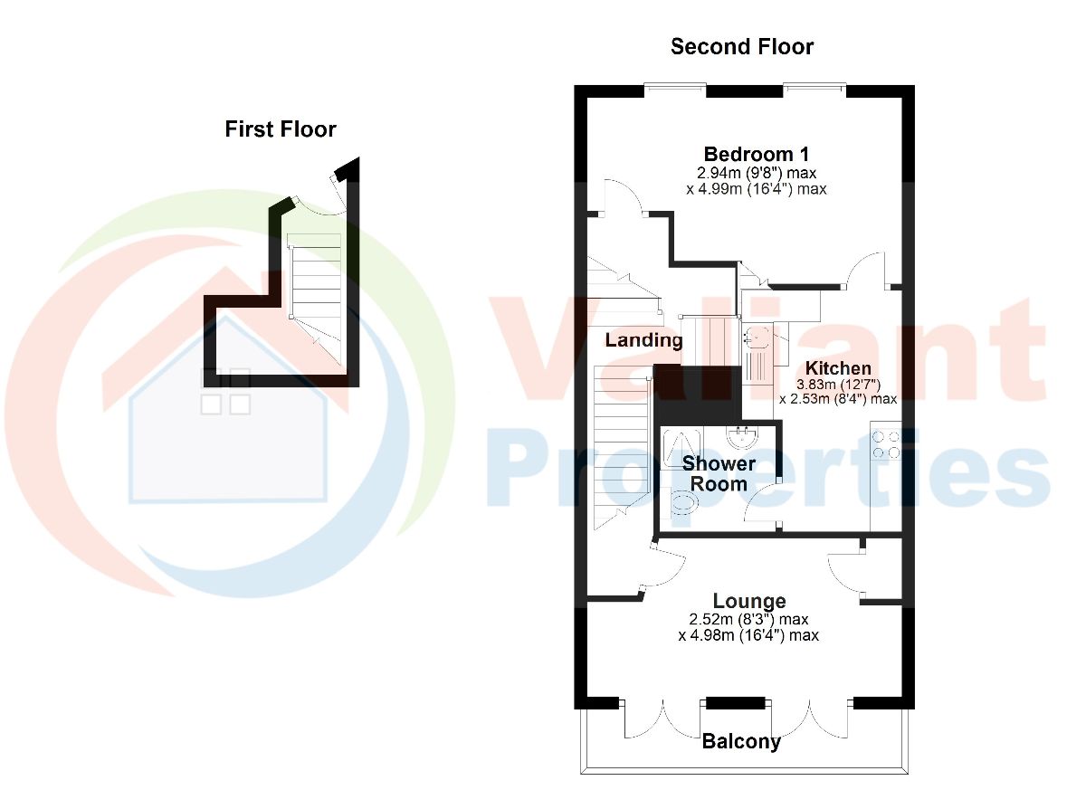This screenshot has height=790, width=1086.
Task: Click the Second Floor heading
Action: pyautogui.click(x=742, y=47)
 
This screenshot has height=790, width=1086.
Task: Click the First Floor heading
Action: pyautogui.click(x=281, y=129)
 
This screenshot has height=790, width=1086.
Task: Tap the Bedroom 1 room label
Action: pyautogui.click(x=757, y=155)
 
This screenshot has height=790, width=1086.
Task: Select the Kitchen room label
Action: pyautogui.click(x=838, y=368)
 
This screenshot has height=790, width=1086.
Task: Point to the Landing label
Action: pyautogui.click(x=643, y=340)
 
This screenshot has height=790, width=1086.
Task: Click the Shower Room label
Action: pyautogui.click(x=719, y=473)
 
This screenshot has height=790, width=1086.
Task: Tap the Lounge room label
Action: pyautogui.click(x=749, y=602)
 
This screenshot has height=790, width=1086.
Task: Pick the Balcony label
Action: pyautogui.click(x=741, y=741)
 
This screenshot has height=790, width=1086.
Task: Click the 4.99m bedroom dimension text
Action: pyautogui.click(x=757, y=189)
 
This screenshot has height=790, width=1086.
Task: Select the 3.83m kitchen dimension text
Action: pyautogui.click(x=838, y=385)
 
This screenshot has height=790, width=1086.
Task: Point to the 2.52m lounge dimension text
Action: pyautogui.click(x=748, y=619)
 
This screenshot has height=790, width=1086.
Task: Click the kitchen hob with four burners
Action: pyautogui.click(x=886, y=445)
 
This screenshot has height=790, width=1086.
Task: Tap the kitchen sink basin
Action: pyautogui.click(x=755, y=338)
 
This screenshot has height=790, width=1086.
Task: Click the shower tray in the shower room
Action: pyautogui.click(x=681, y=448)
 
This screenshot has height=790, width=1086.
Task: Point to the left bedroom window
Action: pyautogui.click(x=675, y=87)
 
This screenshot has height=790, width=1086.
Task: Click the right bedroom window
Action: pyautogui.click(x=815, y=87)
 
